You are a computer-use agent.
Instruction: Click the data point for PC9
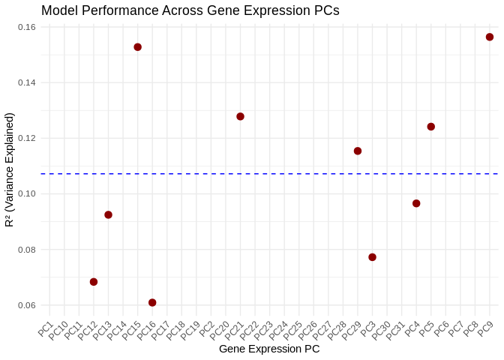coord(490,37)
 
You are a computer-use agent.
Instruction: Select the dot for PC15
coord(138,47)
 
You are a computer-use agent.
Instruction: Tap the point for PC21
coord(240,116)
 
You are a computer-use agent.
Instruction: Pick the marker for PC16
coord(152,302)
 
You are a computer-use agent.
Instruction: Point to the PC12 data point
coord(94,282)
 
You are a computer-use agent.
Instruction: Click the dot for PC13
coord(108,214)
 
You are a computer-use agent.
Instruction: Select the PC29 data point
coord(358,151)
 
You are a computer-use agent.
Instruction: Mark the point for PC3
coord(372,257)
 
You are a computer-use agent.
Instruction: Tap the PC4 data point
coord(416,203)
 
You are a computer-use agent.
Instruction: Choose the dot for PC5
coord(431,127)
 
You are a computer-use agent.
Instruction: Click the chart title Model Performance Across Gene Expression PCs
coord(190,10)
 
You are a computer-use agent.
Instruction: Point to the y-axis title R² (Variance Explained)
coord(10,169)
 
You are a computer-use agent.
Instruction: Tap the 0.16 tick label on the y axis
coord(27,27)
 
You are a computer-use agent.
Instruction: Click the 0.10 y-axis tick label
coord(27,193)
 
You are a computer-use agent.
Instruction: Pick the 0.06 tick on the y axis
coord(27,305)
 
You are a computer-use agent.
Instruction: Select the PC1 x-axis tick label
coord(46,329)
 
